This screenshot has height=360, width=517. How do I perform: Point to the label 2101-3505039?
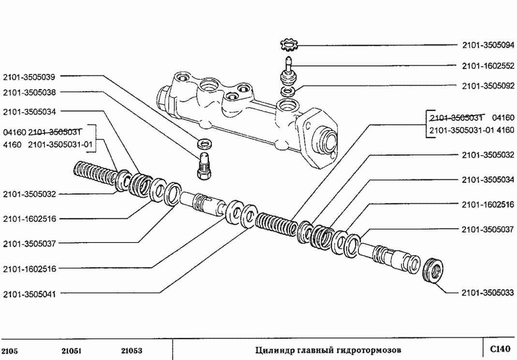pyautogui.click(x=29, y=76)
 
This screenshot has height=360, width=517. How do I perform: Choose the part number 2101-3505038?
pyautogui.click(x=29, y=92)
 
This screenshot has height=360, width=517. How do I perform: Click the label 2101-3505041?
pyautogui.click(x=29, y=293)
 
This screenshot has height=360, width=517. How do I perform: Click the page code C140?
pyautogui.click(x=500, y=348)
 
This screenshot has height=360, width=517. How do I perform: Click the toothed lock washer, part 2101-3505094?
pyautogui.click(x=290, y=46)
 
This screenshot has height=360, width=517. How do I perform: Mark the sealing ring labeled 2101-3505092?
pyautogui.click(x=288, y=91)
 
